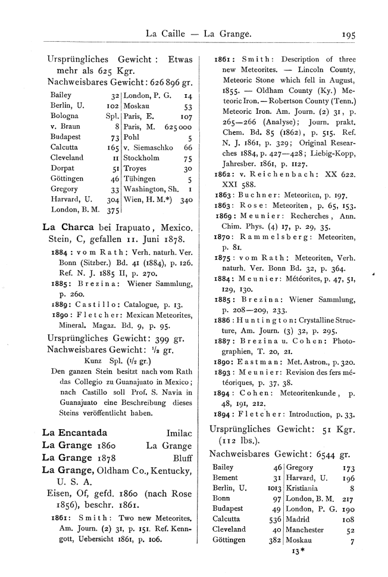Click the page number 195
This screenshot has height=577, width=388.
pos(346,35)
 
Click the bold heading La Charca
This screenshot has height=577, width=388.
pos(65,227)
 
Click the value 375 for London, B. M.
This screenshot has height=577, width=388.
pos(109,210)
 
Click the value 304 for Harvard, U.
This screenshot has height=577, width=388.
pos(110,200)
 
